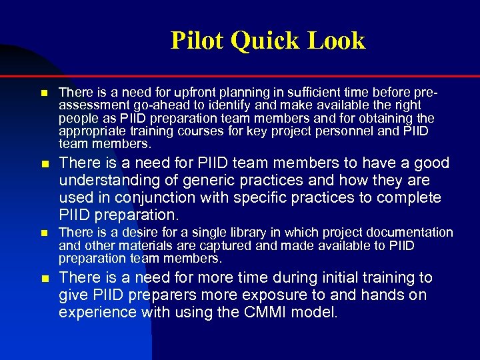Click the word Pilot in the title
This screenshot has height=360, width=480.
click(197, 41)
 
